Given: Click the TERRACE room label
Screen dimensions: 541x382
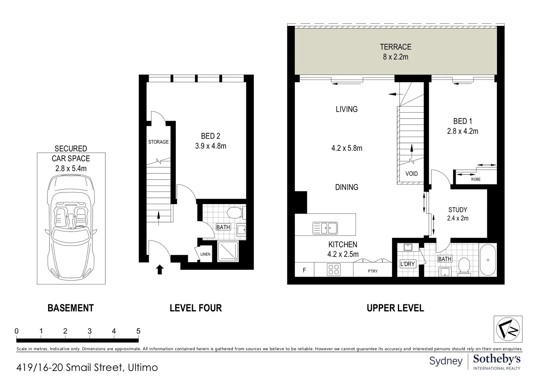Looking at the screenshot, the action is point(395,47).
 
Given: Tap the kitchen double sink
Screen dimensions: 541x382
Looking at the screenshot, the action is point(325,228).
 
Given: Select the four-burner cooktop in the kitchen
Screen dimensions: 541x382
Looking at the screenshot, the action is point(334,270).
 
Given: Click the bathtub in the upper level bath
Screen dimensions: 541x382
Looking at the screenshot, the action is point(488,260).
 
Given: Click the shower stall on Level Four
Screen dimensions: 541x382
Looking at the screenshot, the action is point(228,251).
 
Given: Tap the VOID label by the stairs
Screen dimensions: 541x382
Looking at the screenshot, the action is point(411,174).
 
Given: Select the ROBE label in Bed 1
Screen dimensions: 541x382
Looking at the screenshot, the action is point(476,179).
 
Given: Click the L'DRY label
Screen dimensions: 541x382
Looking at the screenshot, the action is point(408,264).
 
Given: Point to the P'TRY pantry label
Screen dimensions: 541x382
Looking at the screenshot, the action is point(373,271).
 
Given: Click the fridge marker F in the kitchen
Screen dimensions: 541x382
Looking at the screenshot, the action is point(304,270).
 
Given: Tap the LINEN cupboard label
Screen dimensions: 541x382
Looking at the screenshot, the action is point(205,254).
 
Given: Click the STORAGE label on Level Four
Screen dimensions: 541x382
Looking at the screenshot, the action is point(159,142).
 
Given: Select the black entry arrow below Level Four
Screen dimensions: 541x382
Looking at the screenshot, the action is point(160,269).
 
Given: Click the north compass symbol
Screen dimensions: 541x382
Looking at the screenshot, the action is point(508,329).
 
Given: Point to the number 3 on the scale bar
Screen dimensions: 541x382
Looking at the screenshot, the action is point(90,331).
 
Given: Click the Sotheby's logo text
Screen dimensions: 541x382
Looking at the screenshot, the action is point(497,359).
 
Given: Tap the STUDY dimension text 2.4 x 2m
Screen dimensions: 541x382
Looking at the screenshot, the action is point(458,218).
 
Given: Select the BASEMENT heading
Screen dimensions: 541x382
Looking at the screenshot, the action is point(70,308).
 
